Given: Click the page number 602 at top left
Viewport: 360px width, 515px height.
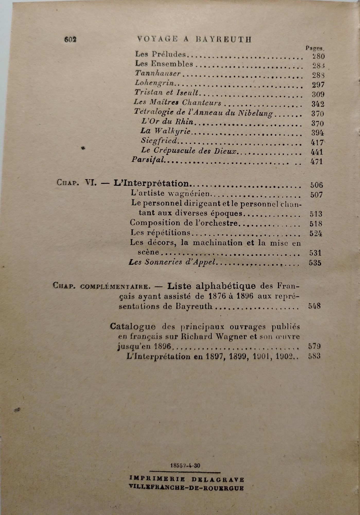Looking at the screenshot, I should pos(70,39).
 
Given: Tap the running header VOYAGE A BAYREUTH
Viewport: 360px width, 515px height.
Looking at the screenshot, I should pos(195,39).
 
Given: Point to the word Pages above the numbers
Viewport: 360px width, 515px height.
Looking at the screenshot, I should pos(314,48).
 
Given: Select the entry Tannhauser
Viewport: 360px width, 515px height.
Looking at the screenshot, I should pos(158,73).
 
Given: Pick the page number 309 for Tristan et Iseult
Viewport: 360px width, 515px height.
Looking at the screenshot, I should pos(318,94).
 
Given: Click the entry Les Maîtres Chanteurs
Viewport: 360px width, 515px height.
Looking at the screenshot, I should pos(177,102).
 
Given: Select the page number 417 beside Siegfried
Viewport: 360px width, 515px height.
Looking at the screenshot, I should pos(317,142).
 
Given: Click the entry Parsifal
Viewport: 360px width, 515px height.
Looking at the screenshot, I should pos(148,160).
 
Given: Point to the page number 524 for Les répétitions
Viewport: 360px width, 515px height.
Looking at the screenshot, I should pos(316,234).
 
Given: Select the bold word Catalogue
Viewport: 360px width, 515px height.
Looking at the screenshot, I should pos(133,327).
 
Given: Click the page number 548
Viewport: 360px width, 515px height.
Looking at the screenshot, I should pos(314,306).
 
